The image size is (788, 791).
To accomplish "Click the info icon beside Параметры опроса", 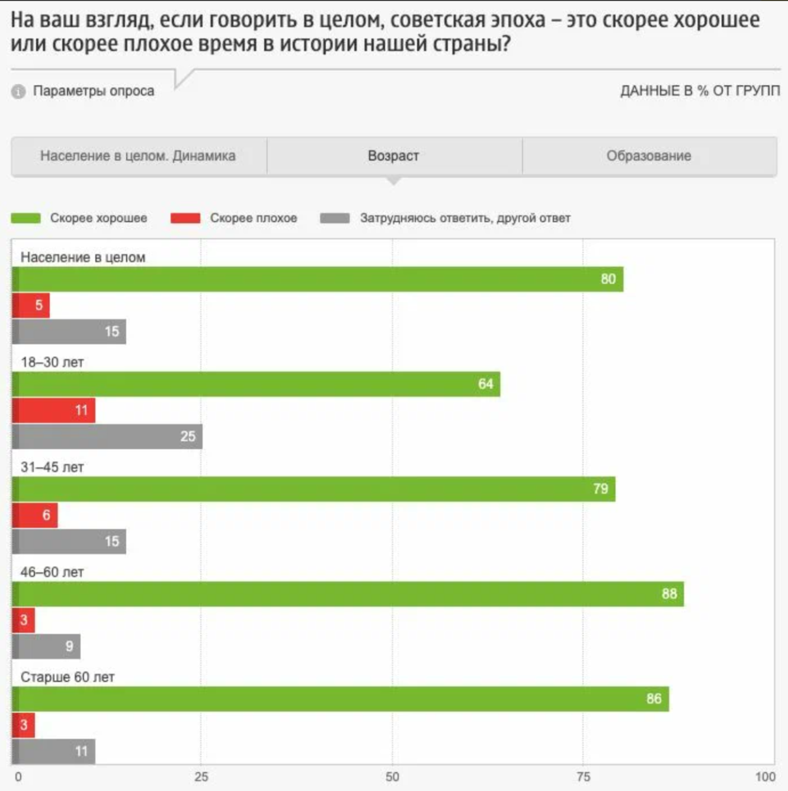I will (x=18, y=92).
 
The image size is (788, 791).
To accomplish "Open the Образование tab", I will (x=649, y=156).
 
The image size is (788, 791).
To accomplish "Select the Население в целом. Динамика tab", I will (x=138, y=156).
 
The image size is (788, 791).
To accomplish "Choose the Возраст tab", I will (x=393, y=156).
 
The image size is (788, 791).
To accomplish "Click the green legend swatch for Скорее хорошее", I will (x=26, y=218).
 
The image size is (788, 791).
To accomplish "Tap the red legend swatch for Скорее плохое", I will (x=185, y=218).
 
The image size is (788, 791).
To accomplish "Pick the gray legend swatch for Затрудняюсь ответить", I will (x=335, y=218).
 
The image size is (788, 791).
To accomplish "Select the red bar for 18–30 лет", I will (x=53, y=410).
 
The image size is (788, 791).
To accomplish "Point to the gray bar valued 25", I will (x=107, y=436).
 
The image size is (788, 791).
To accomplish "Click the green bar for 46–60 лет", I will (x=348, y=594).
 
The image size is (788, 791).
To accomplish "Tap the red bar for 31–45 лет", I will (x=35, y=515).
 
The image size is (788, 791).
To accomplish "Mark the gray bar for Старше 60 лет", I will (x=53, y=751).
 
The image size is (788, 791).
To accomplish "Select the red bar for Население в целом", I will (x=31, y=305).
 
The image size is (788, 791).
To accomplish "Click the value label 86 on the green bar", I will (x=654, y=699).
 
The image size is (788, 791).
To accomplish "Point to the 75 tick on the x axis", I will (x=584, y=777).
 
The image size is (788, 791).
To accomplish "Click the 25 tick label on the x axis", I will (x=201, y=777).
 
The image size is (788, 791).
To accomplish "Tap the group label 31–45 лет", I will (x=52, y=467).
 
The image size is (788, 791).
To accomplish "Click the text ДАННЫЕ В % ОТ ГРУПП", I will (x=700, y=91).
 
